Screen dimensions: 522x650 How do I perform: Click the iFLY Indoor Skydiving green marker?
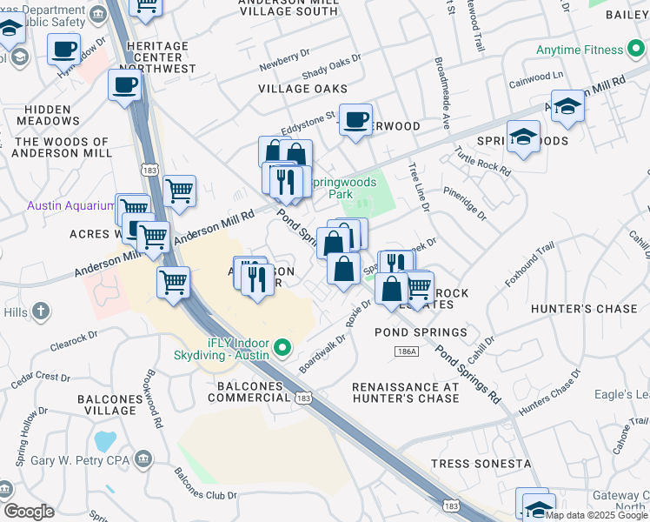click(x=282, y=350)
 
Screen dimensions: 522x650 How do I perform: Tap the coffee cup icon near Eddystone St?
click(x=355, y=119)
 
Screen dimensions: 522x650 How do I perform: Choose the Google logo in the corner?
click(x=29, y=512)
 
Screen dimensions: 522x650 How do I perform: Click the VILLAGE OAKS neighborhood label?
click(x=302, y=89)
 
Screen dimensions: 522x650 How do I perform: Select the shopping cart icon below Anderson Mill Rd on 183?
click(x=173, y=282)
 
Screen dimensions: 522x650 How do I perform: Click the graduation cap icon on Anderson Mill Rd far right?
click(x=567, y=106)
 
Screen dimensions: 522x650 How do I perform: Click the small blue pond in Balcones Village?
click(x=105, y=440)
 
